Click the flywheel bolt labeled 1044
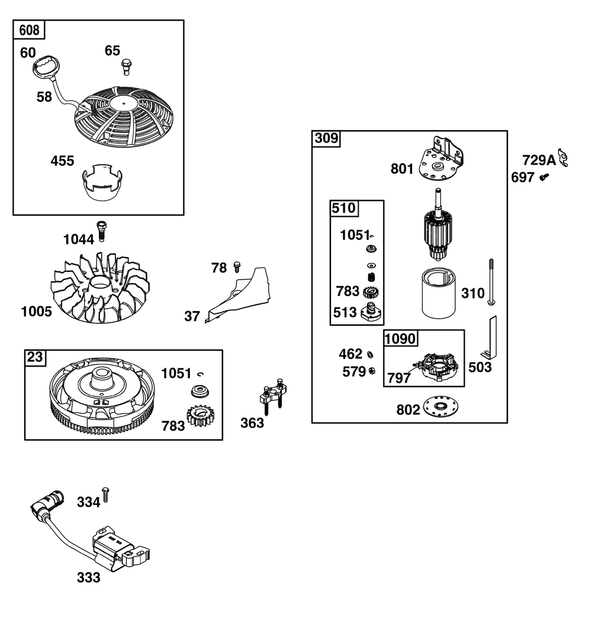101,231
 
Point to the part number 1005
36,311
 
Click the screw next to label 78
237,266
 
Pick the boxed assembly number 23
34,357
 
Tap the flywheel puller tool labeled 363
273,396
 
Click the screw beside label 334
105,494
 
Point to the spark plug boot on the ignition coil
47,502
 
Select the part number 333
89,578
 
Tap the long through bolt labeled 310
491,282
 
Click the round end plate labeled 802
442,406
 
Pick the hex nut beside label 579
371,371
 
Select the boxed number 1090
400,339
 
